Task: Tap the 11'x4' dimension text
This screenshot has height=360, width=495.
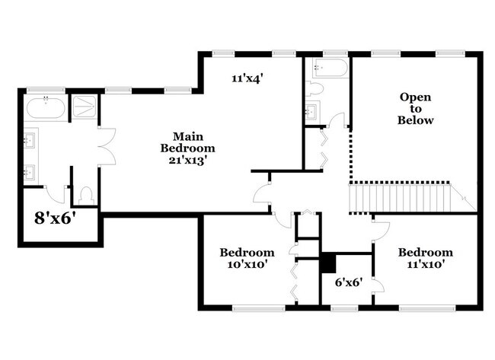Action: pos(247,78)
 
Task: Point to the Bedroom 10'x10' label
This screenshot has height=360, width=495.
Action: pos(247,258)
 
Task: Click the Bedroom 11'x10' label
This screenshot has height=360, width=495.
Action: pos(425,258)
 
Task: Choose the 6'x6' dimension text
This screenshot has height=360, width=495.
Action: pos(348,282)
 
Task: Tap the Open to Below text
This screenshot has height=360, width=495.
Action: pos(416,109)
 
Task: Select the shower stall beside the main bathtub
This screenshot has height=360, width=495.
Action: pos(81,107)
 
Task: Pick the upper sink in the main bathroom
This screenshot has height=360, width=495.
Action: pos(30,140)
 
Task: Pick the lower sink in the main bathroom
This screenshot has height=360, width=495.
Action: pos(30,171)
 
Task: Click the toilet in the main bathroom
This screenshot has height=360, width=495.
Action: pos(85,195)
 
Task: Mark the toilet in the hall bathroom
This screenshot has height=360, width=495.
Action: pos(315,89)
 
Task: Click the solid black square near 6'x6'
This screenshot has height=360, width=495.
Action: pos(328,262)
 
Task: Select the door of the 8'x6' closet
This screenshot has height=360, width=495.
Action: pos(55,192)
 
